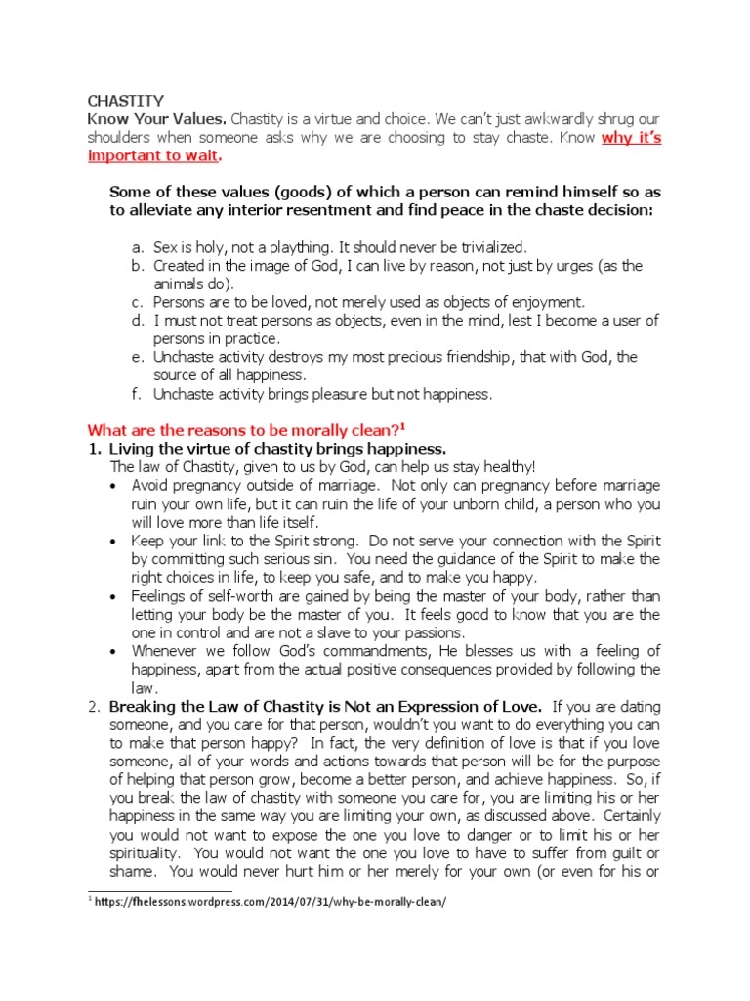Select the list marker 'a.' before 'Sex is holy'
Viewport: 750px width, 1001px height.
click(138, 247)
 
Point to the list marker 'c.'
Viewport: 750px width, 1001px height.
click(138, 302)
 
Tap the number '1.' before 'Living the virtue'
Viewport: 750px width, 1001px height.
click(95, 449)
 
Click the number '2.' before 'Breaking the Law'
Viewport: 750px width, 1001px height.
click(95, 706)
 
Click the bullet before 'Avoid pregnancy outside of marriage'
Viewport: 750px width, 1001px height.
click(117, 486)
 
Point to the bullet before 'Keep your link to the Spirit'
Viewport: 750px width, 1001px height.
click(117, 541)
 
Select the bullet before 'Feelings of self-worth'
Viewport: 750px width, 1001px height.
click(117, 596)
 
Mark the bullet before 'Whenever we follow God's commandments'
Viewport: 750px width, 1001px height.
click(117, 651)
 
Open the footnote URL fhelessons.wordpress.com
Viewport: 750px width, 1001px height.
click(270, 903)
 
